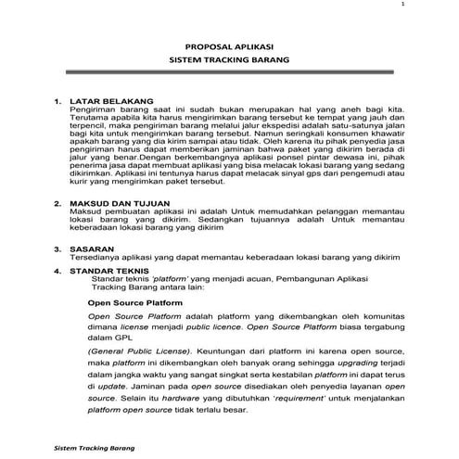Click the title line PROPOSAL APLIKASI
(228, 45)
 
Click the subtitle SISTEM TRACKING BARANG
(228, 58)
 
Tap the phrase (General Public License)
(129, 353)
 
